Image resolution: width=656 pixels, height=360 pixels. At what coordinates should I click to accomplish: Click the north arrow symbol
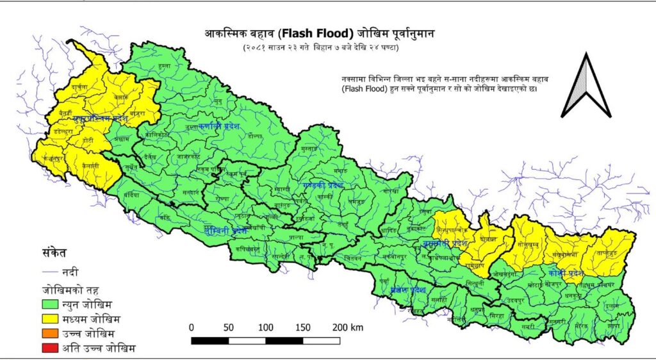pyautogui.click(x=585, y=86)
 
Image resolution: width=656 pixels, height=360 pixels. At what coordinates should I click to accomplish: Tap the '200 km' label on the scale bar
pyautogui.click(x=348, y=327)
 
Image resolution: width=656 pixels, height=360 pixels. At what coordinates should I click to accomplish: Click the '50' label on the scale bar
pyautogui.click(x=229, y=327)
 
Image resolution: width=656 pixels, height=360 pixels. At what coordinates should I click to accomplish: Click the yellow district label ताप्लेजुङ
pyautogui.click(x=609, y=252)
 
